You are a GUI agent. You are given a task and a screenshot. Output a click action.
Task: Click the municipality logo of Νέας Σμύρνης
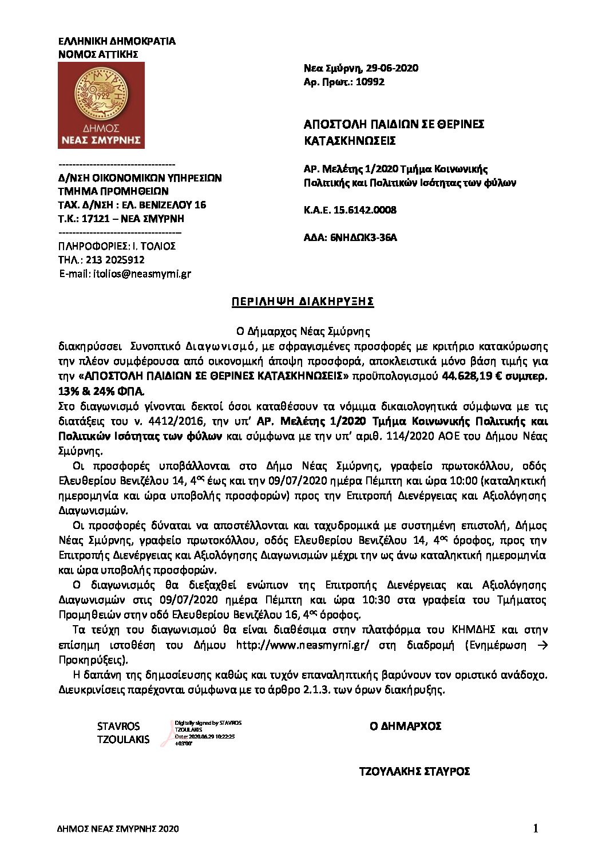click(101, 105)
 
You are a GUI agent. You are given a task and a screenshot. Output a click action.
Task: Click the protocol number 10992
click(370, 82)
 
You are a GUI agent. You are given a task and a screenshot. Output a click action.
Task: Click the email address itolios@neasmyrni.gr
click(141, 274)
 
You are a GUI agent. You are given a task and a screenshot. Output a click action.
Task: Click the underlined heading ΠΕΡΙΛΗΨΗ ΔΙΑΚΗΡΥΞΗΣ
click(303, 302)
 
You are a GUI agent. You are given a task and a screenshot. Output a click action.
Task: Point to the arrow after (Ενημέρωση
click(543, 645)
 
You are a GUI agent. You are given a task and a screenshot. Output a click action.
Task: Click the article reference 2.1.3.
click(314, 690)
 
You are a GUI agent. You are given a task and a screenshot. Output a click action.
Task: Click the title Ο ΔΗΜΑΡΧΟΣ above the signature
click(405, 726)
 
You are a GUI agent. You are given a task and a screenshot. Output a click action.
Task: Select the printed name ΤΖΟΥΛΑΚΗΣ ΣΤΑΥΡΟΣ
click(414, 772)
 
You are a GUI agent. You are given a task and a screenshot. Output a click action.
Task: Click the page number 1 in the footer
click(536, 828)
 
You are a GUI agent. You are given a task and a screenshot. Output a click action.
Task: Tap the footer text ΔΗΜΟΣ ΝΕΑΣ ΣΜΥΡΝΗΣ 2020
click(118, 829)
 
